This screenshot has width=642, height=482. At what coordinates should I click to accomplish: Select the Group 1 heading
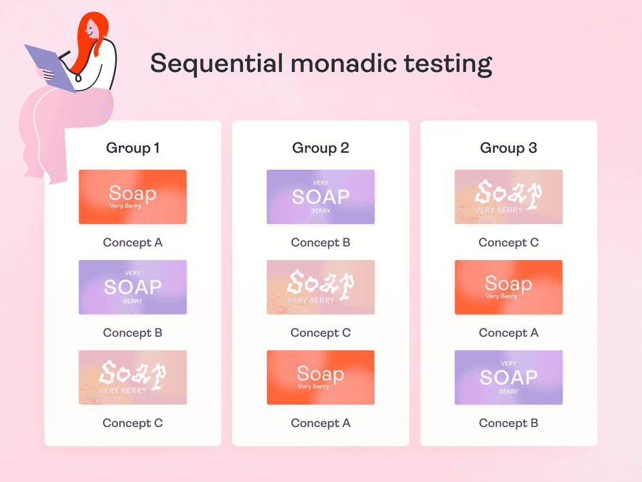(133, 148)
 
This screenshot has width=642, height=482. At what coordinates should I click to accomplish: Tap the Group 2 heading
(320, 148)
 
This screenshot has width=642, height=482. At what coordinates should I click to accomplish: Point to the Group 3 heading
(508, 148)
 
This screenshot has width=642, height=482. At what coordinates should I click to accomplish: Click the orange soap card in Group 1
(133, 197)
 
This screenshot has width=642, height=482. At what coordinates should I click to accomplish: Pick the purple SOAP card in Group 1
(133, 287)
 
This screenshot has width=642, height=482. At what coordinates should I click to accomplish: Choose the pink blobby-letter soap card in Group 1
(133, 377)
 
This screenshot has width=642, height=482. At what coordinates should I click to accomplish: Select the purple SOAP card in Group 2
(320, 197)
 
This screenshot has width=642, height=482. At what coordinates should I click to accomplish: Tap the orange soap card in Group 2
(320, 377)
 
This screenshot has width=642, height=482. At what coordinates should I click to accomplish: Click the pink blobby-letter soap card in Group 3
(508, 197)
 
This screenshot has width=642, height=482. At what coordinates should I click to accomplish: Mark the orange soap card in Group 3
(508, 287)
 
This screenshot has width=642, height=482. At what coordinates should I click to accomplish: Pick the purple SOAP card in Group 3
(508, 377)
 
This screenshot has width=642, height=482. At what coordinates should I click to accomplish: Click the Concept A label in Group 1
(133, 242)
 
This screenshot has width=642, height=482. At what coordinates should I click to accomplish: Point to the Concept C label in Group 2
(320, 333)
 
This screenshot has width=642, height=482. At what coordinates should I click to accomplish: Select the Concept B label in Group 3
(508, 423)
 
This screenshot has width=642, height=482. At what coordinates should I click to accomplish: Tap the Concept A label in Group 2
(320, 423)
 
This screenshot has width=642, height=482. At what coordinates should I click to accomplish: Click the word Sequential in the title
(216, 64)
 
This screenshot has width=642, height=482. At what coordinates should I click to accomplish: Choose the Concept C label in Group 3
(508, 242)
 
